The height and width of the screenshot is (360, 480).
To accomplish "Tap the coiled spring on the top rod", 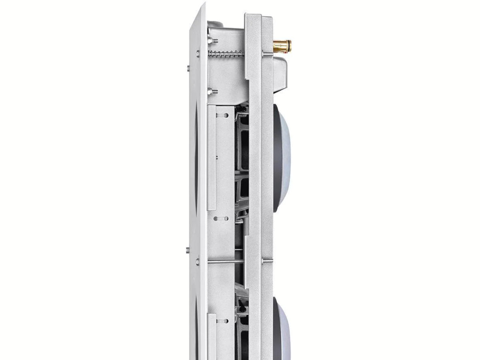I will click(x=226, y=53).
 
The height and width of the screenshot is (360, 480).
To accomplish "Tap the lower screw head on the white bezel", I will click(x=198, y=262).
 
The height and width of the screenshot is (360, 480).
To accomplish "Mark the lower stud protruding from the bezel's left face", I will click(x=188, y=250).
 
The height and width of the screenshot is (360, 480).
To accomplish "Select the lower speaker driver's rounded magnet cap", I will click(x=282, y=328).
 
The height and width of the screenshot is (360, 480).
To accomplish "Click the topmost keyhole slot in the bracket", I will click(x=222, y=115).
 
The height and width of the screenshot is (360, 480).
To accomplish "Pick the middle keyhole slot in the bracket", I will click(x=221, y=219).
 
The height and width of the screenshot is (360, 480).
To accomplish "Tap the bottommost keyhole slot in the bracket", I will click(x=222, y=321).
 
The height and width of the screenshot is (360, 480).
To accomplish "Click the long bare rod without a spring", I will click(x=230, y=262).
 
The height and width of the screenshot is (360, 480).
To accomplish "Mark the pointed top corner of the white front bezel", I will click(x=204, y=4).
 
